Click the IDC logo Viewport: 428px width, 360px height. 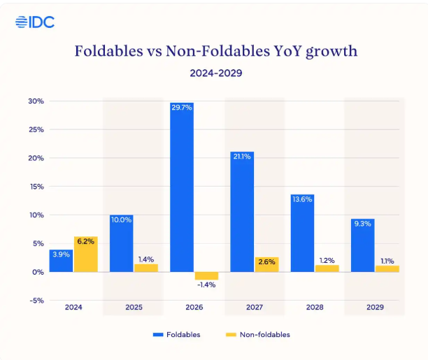tap(35, 22)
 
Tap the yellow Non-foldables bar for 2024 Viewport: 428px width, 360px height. tap(85, 254)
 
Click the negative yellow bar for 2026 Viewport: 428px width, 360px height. tap(206, 275)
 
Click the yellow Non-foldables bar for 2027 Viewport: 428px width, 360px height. tap(266, 264)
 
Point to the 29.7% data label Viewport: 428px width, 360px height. tap(182, 108)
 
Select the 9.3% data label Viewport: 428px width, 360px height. tap(362, 224)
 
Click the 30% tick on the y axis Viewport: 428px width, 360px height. tap(36, 101)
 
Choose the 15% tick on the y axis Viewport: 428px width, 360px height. tap(36, 187)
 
